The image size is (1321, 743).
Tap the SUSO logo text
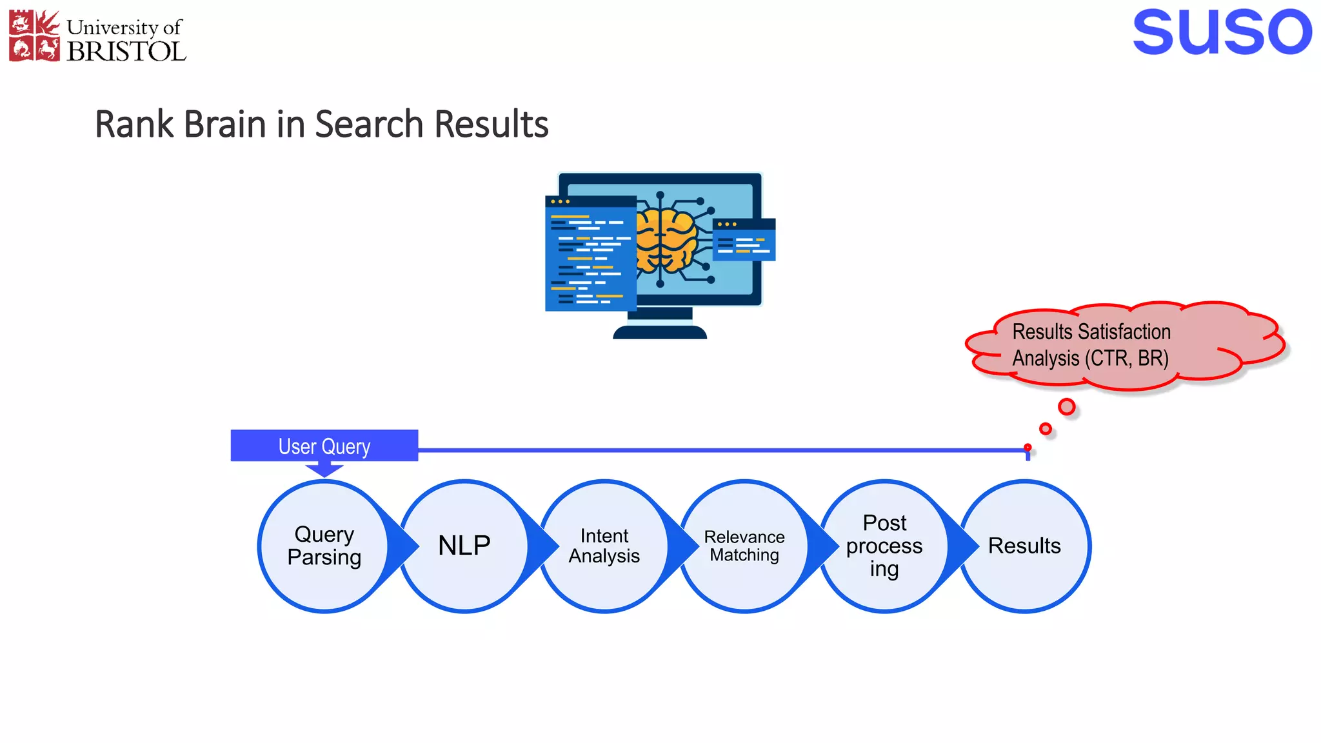click(1222, 33)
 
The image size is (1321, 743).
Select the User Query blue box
click(324, 446)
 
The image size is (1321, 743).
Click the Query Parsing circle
click(324, 546)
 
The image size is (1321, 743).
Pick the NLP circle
click(464, 546)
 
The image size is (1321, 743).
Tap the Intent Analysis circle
click(604, 546)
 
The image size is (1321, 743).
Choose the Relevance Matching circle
click(744, 546)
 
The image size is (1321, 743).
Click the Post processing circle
click(884, 546)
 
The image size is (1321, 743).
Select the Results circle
click(1024, 546)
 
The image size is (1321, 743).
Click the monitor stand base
click(659, 332)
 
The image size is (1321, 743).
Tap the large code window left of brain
click(590, 253)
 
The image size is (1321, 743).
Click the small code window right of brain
click(744, 240)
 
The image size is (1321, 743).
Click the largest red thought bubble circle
click(1066, 407)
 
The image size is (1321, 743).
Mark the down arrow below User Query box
click(324, 470)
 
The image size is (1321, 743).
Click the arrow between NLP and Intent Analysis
click(543, 546)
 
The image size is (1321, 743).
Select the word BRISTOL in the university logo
click(126, 52)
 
